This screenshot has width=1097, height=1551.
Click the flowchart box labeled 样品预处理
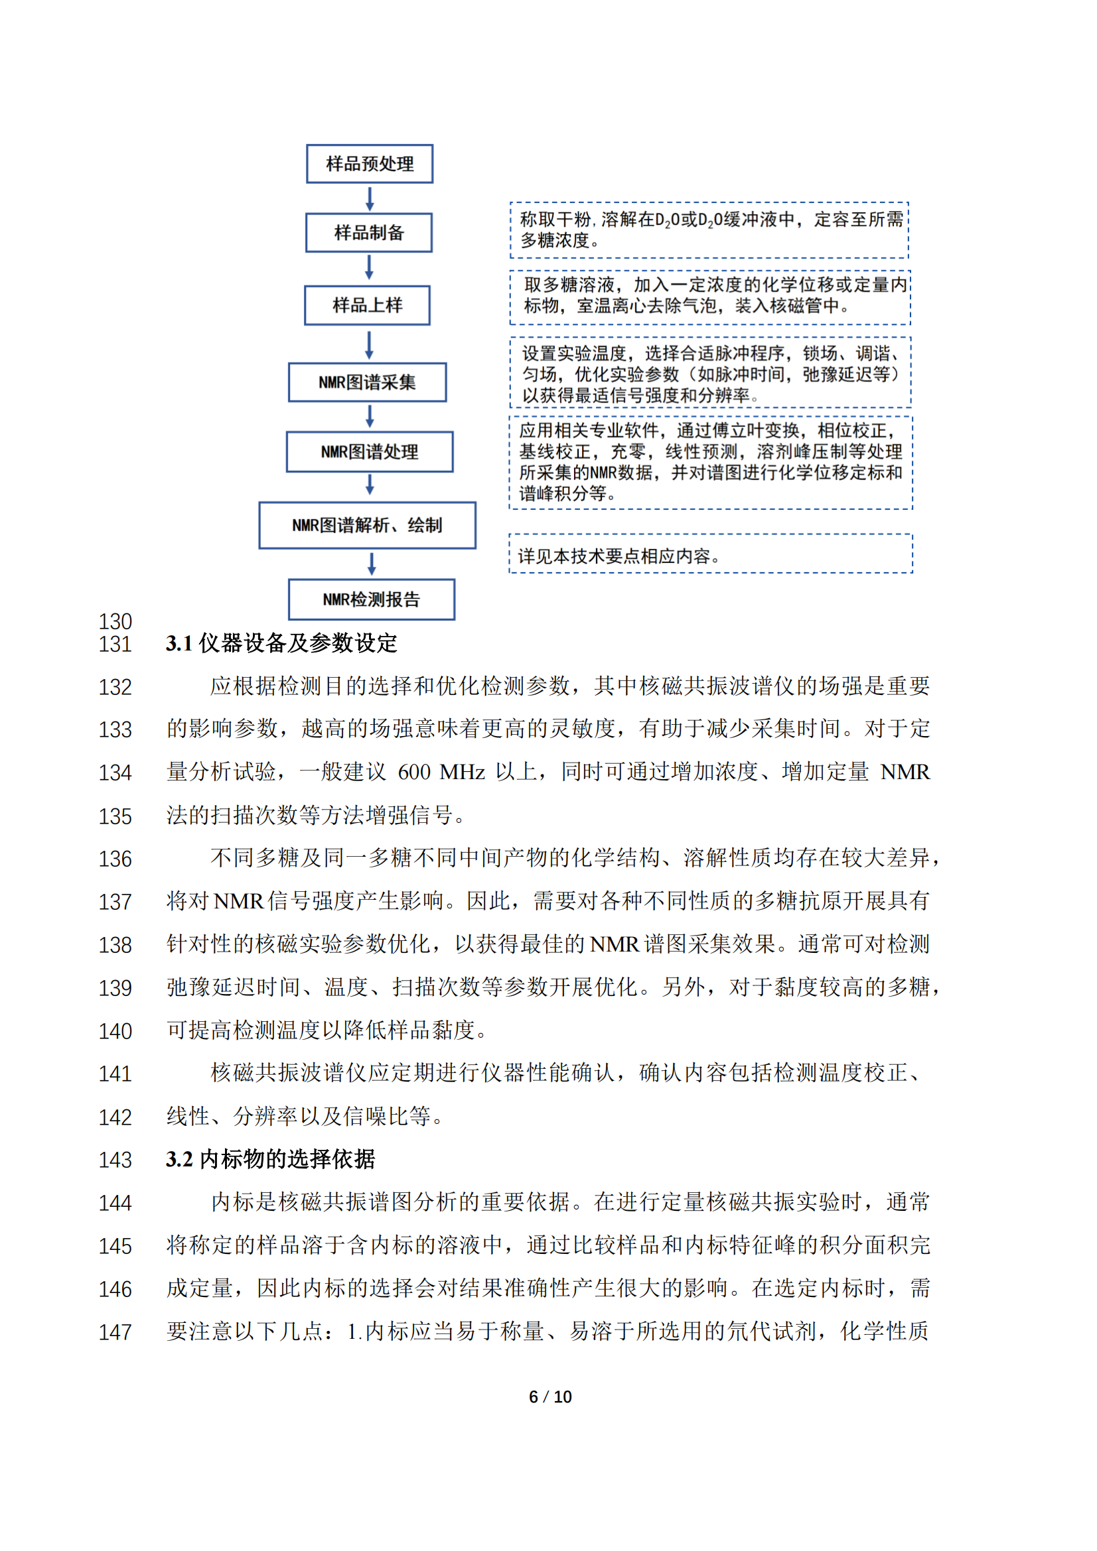(x=369, y=164)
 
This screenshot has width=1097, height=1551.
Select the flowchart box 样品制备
(x=369, y=233)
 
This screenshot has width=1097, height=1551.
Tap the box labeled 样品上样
(x=367, y=305)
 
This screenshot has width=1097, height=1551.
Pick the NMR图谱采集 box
(x=367, y=383)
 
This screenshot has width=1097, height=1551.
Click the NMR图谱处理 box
(x=369, y=452)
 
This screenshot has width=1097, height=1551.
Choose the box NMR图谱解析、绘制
(x=367, y=525)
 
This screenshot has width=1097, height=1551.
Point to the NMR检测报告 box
(x=371, y=599)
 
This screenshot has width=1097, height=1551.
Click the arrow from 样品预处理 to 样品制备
(x=370, y=199)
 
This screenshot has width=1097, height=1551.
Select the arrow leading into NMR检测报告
(x=371, y=564)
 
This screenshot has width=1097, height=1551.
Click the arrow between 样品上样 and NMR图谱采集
(x=369, y=345)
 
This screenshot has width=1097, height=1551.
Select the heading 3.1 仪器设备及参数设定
(x=281, y=643)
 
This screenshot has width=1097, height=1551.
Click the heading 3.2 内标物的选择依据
(x=270, y=1159)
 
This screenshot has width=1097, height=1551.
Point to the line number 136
(x=115, y=859)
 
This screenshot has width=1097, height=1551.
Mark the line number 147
(x=115, y=1332)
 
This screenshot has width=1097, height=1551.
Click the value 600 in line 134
(x=413, y=772)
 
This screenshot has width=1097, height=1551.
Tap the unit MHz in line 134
(x=462, y=772)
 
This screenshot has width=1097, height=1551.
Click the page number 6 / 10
(x=549, y=1396)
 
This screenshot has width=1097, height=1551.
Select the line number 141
(x=115, y=1074)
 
